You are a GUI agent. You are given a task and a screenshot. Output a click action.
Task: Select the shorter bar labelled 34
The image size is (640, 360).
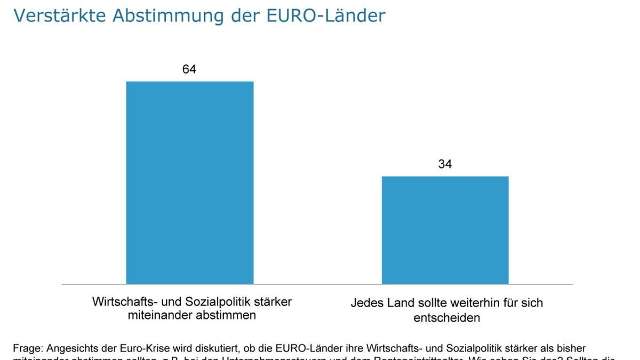tap(445, 230)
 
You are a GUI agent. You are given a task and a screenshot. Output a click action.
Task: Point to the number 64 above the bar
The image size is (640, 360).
tap(189, 69)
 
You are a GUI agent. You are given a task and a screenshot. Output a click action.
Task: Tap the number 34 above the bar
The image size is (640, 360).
tap(445, 164)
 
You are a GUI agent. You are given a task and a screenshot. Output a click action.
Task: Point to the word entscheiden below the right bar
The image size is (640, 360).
tap(446, 318)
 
